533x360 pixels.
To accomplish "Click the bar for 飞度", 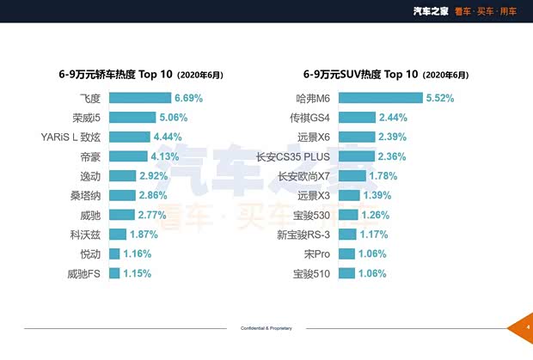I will [138, 98].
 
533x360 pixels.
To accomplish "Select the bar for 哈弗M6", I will [380, 98].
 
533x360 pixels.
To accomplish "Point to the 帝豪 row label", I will [89, 156].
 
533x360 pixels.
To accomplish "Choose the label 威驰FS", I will [84, 274].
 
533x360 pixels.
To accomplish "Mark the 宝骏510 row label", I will [312, 274].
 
